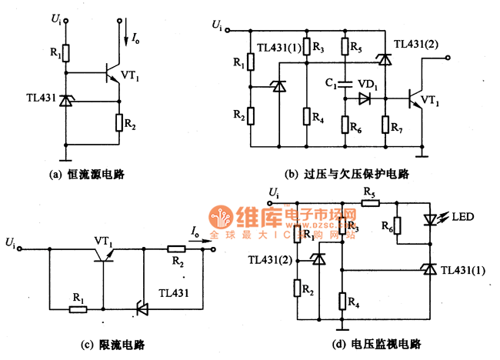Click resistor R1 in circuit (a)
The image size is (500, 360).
(x=66, y=52)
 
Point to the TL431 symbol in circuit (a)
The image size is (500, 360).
(x=66, y=101)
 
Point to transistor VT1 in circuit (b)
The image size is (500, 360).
(x=415, y=98)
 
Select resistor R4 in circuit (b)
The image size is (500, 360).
(x=306, y=117)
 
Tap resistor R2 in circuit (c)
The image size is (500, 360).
(x=175, y=248)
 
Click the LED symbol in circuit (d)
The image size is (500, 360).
(x=430, y=219)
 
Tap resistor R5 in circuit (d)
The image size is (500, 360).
(x=368, y=202)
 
